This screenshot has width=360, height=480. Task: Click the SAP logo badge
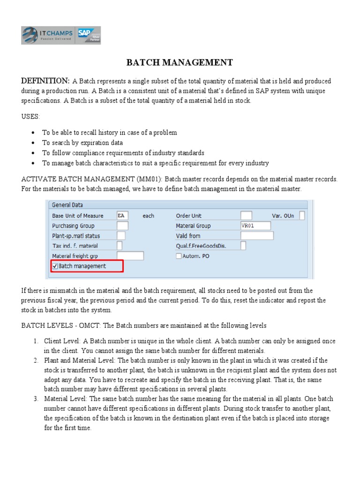tap(89, 35)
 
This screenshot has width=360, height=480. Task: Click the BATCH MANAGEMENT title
tap(180, 62)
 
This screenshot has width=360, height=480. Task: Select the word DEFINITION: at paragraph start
tap(45, 81)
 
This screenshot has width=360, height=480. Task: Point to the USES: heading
tap(30, 116)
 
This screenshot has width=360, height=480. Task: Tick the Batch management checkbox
tap(55, 266)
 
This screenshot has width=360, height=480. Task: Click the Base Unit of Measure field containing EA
tap(122, 216)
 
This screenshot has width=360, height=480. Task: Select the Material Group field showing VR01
tap(255, 225)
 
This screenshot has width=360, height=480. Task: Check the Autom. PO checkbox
tap(179, 256)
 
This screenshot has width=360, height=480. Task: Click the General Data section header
tap(67, 205)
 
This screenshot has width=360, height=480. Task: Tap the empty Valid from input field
tap(257, 236)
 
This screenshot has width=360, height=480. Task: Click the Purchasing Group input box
tap(122, 225)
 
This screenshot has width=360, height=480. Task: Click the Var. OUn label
tap(283, 216)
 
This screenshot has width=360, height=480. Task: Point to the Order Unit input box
tap(246, 216)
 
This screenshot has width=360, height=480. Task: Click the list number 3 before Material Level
tap(36, 399)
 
